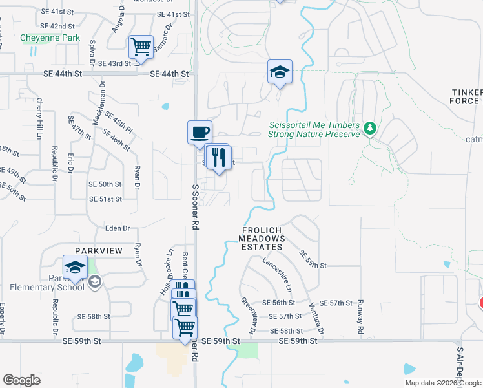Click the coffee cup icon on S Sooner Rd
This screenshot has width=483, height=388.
(x=200, y=133)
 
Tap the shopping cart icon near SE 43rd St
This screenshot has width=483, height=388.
(x=141, y=47)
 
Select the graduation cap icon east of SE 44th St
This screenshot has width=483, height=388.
(x=280, y=72)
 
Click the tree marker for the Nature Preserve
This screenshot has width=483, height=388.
(x=369, y=128)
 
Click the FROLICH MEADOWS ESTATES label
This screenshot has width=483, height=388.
(x=263, y=239)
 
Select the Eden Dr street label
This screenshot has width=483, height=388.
(x=118, y=228)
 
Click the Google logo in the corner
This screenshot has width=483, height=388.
(x=22, y=380)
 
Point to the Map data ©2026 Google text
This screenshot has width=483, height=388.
(x=442, y=383)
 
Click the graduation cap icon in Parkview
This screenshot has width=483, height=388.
(x=75, y=267)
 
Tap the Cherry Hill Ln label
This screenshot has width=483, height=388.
(x=39, y=118)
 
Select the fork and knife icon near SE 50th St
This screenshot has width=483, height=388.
(x=218, y=157)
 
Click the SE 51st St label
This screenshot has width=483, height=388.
(x=105, y=199)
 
